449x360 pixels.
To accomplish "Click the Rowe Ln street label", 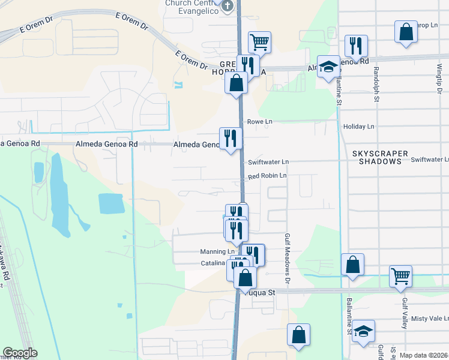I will click(260, 122).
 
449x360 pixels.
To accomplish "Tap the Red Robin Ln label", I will click(267, 176).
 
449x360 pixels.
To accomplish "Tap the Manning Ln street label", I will click(217, 252).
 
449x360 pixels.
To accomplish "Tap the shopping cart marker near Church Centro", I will click(259, 42).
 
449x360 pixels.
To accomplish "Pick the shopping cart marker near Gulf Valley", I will click(400, 276).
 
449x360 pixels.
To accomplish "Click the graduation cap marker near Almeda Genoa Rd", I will click(328, 68).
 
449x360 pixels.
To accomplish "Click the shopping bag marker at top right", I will click(406, 32).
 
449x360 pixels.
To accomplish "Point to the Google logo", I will click(20, 353).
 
